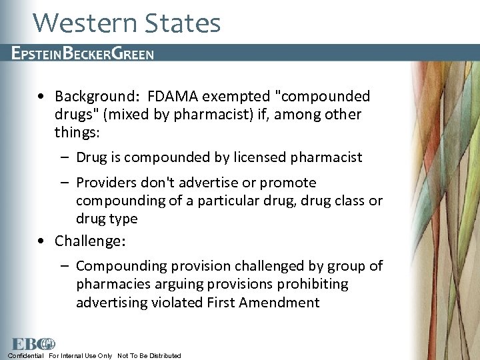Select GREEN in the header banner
tap(133, 53)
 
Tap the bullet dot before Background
tap(42, 97)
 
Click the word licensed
tap(256, 157)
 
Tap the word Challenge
tap(87, 241)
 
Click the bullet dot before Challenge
tap(42, 241)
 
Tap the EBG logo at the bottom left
tap(31, 344)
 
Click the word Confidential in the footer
tap(25, 355)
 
